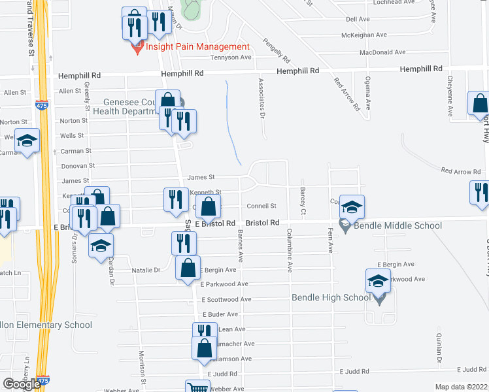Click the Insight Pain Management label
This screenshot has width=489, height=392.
197,46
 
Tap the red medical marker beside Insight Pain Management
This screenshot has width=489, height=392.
137,48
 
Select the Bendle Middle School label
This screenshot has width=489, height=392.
398,226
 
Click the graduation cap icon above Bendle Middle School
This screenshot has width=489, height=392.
352,208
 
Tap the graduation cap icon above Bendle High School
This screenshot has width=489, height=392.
377,281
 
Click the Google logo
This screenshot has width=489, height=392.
22,384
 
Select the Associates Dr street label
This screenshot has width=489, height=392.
261,98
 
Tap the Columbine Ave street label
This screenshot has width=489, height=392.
288,250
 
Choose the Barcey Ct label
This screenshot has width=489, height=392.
303,201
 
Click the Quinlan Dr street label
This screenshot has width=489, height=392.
439,350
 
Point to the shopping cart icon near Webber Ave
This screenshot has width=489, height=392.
197,387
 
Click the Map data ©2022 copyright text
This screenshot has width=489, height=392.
462,387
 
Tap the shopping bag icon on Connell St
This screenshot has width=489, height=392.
208,208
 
